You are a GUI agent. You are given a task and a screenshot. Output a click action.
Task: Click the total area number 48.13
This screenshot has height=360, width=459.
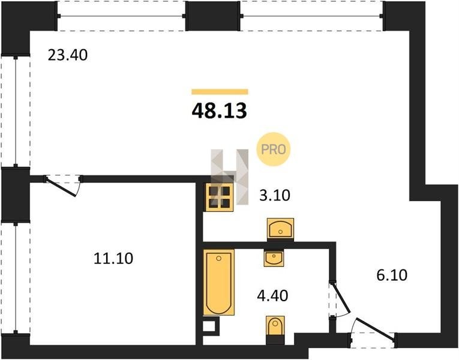pyautogui.click(x=219, y=111)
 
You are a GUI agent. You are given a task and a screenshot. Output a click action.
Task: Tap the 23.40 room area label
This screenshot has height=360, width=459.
pyautogui.click(x=68, y=55)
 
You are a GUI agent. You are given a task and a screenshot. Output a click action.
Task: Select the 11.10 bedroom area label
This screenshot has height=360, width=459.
pyautogui.click(x=113, y=259)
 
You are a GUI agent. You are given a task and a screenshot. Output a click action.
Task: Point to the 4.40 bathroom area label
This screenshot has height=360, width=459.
pyautogui.click(x=272, y=296)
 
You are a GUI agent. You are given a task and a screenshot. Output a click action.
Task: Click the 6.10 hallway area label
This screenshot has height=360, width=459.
pyautogui.click(x=392, y=275)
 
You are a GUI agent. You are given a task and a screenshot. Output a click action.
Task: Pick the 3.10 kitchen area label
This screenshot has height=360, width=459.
pyautogui.click(x=275, y=195)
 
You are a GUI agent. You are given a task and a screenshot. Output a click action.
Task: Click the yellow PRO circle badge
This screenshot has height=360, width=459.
pyautogui.click(x=273, y=149)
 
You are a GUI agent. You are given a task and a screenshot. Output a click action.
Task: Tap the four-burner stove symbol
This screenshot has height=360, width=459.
pyautogui.click(x=220, y=197)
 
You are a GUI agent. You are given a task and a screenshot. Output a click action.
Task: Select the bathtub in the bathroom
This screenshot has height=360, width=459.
pyautogui.click(x=219, y=283)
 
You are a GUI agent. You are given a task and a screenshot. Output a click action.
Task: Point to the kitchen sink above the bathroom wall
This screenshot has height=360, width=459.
pyautogui.click(x=280, y=228)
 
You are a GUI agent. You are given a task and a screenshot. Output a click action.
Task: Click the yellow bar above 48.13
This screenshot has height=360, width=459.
pyautogui.click(x=220, y=92)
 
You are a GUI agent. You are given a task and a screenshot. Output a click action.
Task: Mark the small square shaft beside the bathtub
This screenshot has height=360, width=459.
pyautogui.click(x=211, y=326)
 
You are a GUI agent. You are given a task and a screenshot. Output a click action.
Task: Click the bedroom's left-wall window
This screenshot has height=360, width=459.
pyautogui.click(x=15, y=278)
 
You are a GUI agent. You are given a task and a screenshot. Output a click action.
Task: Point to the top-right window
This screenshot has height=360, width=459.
pyautogui.click(x=311, y=16)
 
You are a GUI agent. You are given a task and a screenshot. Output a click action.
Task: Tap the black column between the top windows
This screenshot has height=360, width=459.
pyautogui.click(x=213, y=16)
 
